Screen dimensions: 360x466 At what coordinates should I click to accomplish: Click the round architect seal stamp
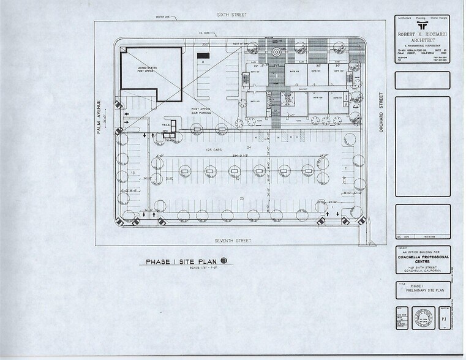pos(422,318)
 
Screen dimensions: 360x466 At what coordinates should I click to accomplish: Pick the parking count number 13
pos(132,173)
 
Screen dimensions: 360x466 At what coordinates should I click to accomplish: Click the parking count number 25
pos(241,198)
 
